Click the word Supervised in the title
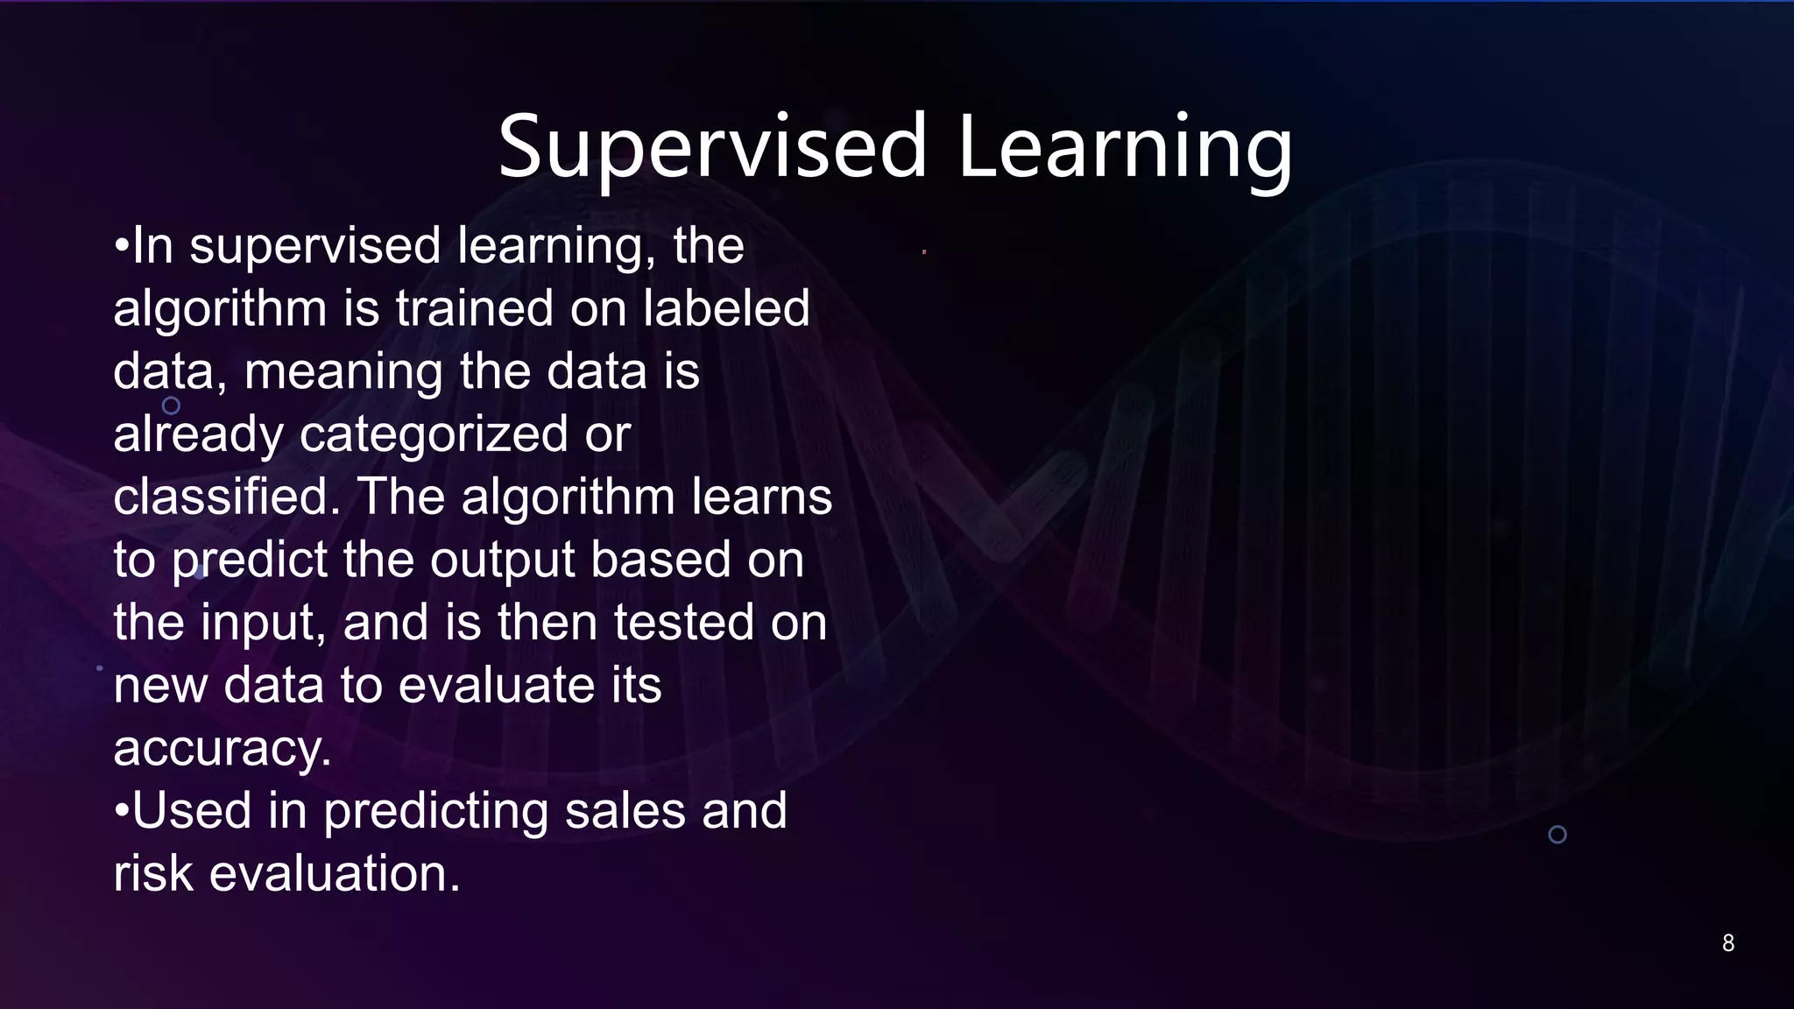click(x=712, y=147)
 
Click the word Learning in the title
click(x=1125, y=147)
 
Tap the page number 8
click(x=1727, y=943)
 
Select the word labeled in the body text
click(x=726, y=308)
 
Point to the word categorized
click(x=434, y=434)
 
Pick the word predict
click(x=249, y=560)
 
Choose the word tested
click(x=683, y=623)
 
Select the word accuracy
click(x=222, y=749)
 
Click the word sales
click(x=625, y=811)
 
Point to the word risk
click(x=153, y=874)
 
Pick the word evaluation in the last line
click(x=335, y=874)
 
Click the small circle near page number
click(x=1557, y=835)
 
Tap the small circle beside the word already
click(x=172, y=406)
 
